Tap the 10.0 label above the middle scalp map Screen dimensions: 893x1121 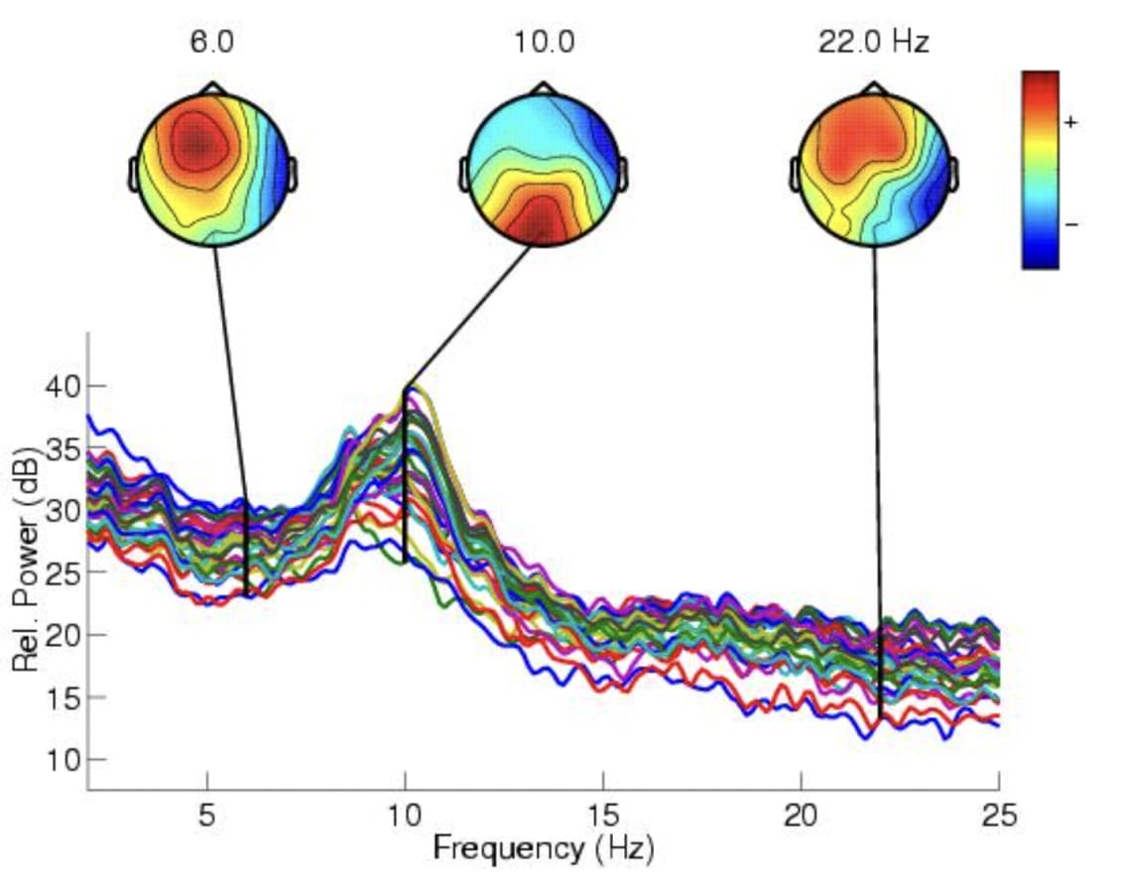544,44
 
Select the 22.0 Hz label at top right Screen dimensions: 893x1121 873,44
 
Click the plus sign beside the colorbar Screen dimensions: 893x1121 1070,122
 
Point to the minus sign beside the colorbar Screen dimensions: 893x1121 1070,224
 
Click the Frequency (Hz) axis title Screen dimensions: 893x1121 544,849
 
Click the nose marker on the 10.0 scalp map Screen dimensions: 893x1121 544,88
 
